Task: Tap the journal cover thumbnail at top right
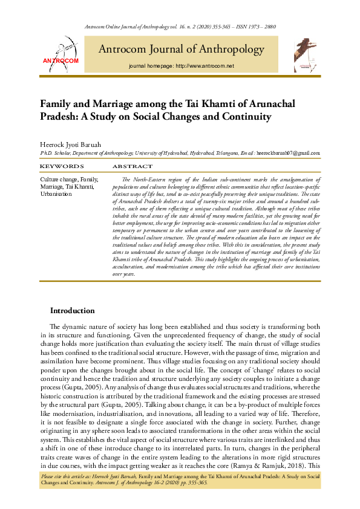(304, 53)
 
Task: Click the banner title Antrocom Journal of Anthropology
(182, 49)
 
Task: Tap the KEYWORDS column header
(62, 166)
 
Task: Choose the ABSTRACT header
(132, 166)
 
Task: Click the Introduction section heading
(72, 311)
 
